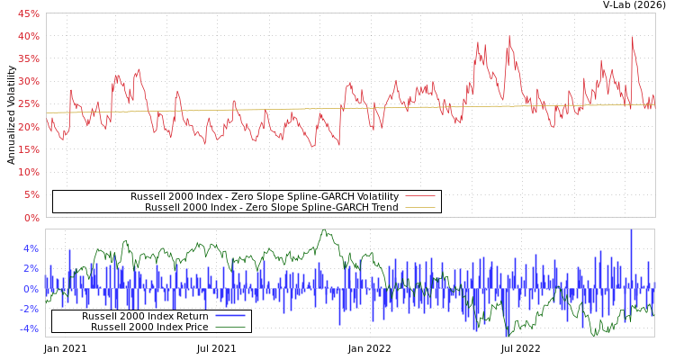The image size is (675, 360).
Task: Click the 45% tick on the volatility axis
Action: coord(29,13)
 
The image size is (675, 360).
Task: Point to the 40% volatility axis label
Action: coord(29,36)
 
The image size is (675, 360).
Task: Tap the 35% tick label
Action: coord(29,58)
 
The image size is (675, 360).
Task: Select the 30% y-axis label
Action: coord(29,81)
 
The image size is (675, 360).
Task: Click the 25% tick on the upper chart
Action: coord(29,104)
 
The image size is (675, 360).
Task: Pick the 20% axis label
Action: coord(29,127)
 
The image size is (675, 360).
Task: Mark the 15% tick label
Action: coord(29,149)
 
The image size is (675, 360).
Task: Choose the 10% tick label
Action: coord(29,172)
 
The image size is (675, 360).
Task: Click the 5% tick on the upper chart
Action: coord(31,194)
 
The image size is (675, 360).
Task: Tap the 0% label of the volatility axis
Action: coord(31,218)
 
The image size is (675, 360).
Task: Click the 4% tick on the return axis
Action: coord(31,248)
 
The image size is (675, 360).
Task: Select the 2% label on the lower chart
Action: coord(31,268)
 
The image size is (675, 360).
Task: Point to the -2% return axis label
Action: coord(30,309)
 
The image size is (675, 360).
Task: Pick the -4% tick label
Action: coord(30,328)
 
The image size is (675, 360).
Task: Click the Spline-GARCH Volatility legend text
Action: coord(265,196)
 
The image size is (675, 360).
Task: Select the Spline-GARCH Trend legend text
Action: coord(272,207)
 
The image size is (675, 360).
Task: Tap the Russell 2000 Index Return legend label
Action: coord(145,316)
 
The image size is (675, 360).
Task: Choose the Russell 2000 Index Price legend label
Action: coord(149,327)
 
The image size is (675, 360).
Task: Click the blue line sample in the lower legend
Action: coord(230,316)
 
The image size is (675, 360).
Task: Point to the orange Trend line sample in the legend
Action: coord(419,207)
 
